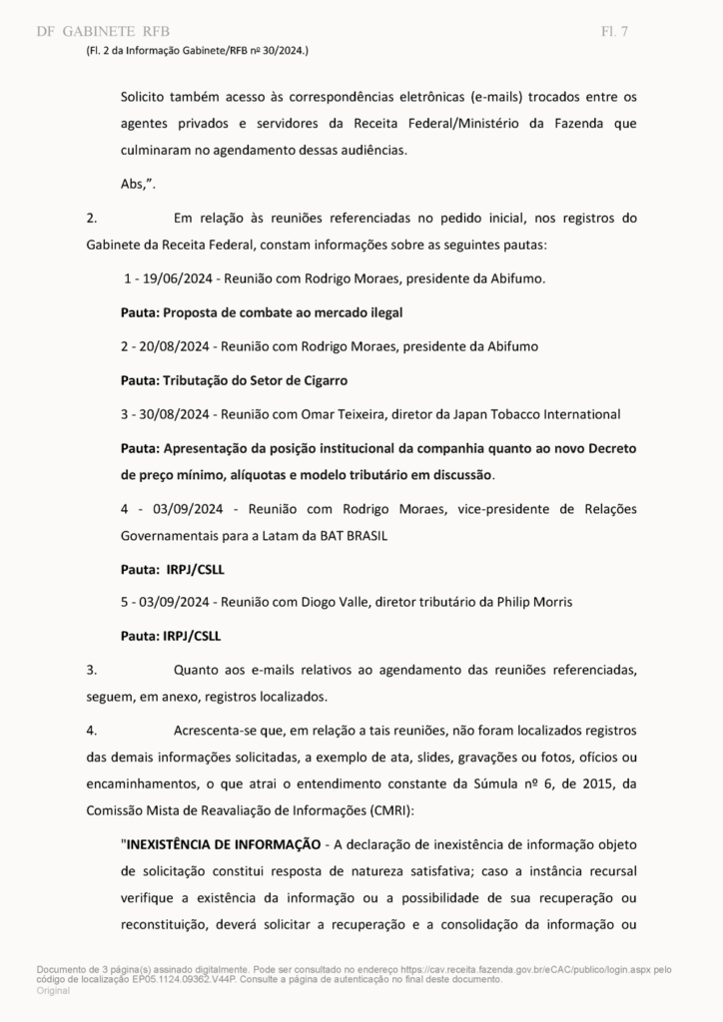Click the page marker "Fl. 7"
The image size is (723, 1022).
pyautogui.click(x=614, y=31)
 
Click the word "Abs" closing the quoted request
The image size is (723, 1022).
pyautogui.click(x=133, y=184)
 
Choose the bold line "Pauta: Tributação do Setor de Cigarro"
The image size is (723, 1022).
pyautogui.click(x=234, y=380)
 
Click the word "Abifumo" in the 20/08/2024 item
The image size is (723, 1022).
pyautogui.click(x=511, y=346)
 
